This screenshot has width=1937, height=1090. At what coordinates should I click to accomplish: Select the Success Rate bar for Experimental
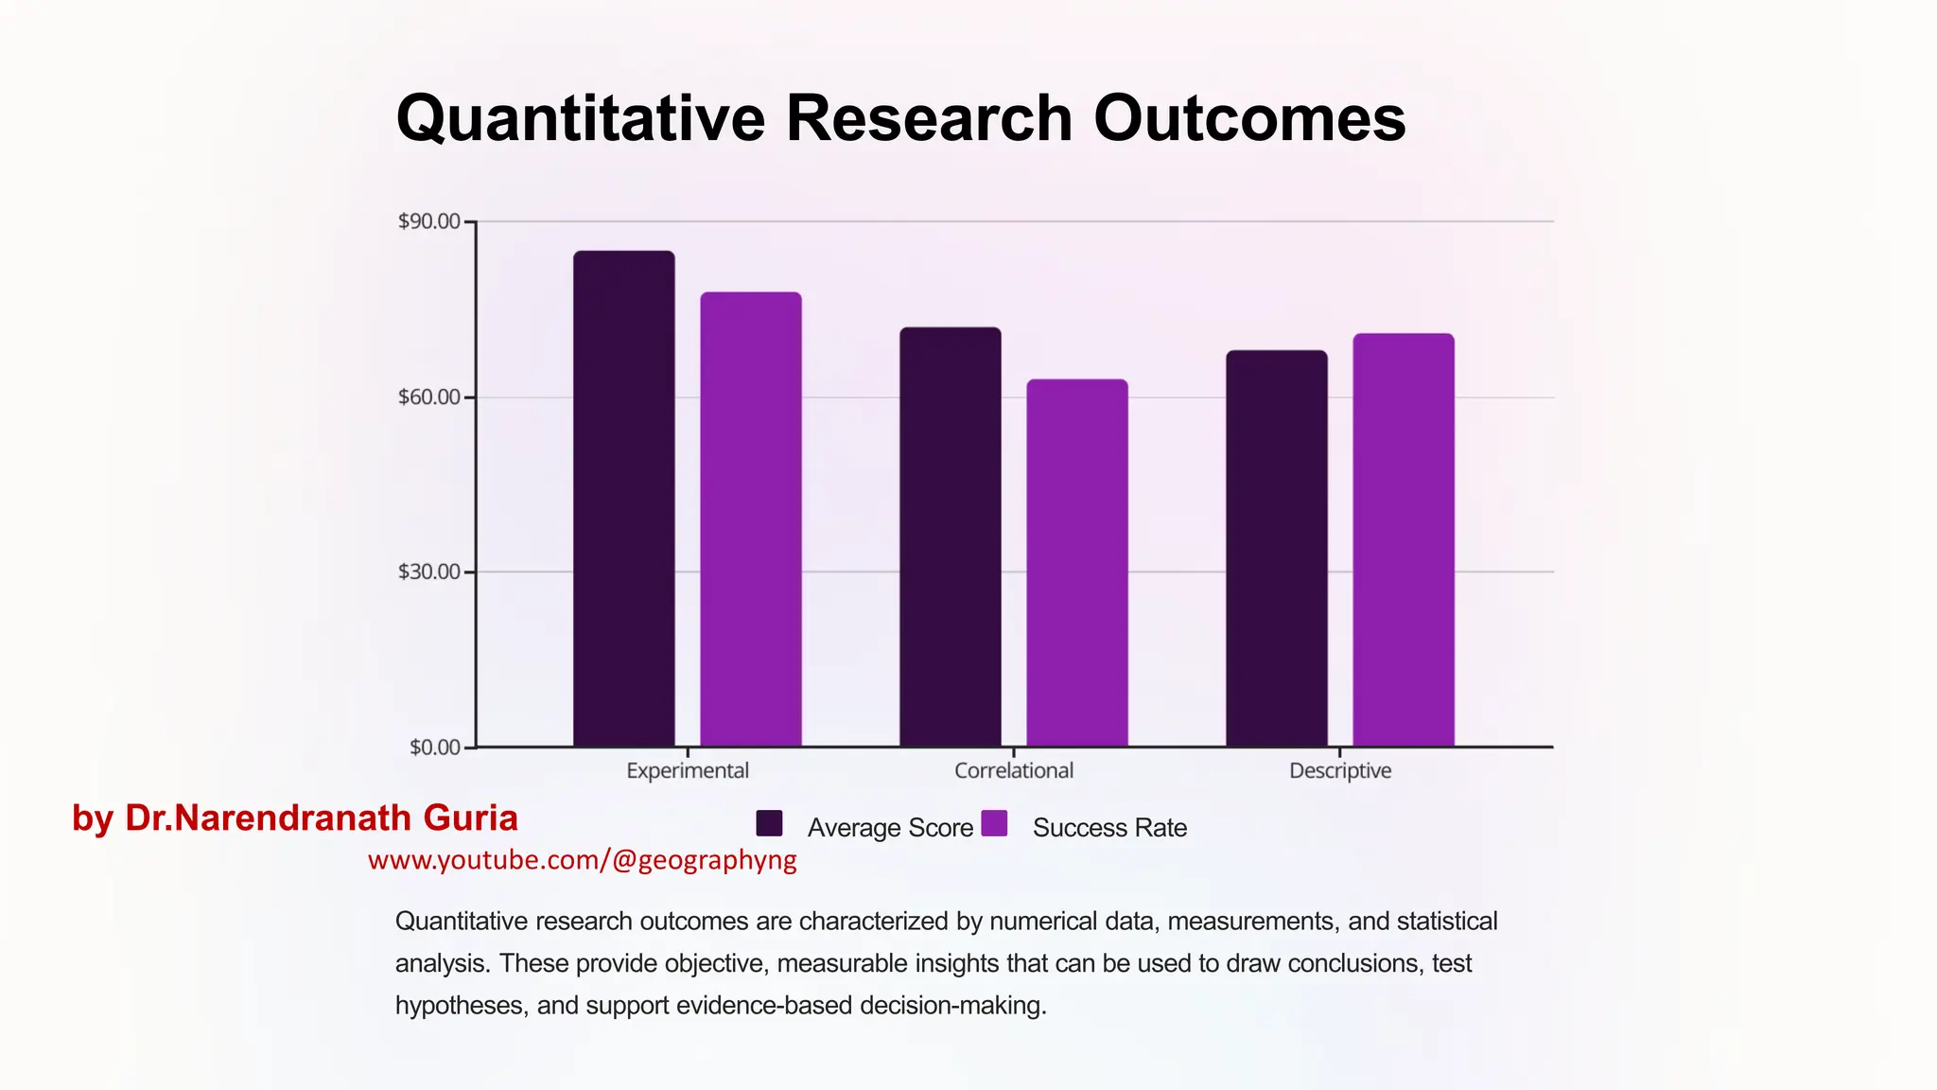(751, 519)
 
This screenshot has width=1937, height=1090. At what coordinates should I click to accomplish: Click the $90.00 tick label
(429, 221)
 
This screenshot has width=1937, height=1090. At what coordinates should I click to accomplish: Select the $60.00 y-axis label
(429, 396)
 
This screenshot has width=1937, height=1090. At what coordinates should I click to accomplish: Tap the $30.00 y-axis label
(429, 571)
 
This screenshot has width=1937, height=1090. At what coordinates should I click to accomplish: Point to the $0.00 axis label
(435, 747)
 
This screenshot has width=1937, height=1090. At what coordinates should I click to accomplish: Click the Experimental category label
(688, 771)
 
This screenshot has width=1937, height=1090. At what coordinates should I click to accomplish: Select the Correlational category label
(1014, 771)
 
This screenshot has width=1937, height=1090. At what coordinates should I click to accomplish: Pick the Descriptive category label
(1340, 771)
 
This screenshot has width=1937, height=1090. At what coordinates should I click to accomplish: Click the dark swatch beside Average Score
(770, 824)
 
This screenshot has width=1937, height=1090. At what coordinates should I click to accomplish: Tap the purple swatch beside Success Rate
(994, 824)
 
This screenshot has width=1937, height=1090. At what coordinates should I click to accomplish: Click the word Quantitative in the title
(580, 119)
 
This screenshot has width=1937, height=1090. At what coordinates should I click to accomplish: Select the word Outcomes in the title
(1249, 119)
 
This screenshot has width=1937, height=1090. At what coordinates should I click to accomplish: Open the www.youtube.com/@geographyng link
(583, 860)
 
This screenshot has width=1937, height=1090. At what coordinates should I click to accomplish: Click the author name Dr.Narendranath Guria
(322, 818)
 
